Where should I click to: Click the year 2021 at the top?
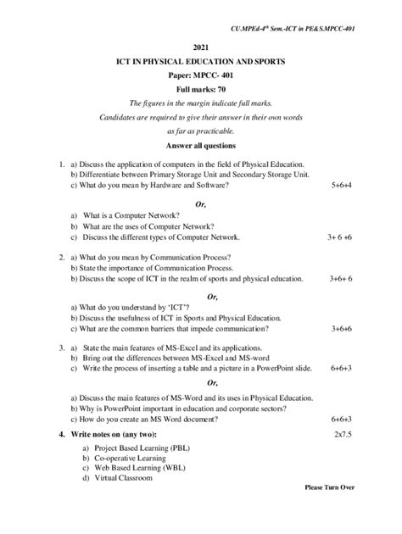[x=200, y=48]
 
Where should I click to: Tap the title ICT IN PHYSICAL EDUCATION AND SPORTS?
[x=201, y=63]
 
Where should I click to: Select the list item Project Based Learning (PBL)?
[x=131, y=447]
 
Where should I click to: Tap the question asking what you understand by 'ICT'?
[x=130, y=308]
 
